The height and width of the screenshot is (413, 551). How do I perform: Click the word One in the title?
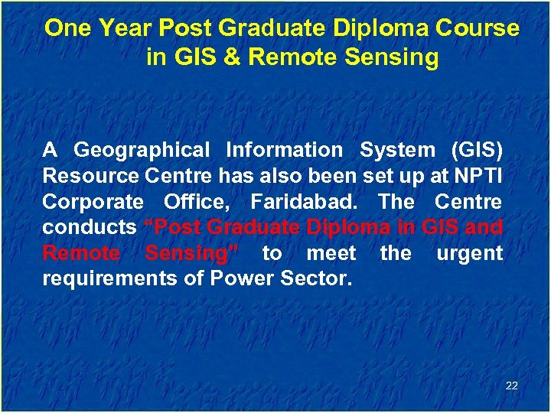tap(67, 28)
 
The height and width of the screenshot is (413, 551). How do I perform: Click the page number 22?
tap(512, 385)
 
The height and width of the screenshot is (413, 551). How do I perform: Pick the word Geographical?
tap(142, 151)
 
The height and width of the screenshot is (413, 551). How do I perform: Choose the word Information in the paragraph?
tap(285, 151)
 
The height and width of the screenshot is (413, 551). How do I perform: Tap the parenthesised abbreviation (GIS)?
tap(476, 151)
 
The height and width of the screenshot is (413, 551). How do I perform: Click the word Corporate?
tap(93, 202)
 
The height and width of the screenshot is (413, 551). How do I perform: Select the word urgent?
tap(469, 253)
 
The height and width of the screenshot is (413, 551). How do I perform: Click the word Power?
tap(245, 279)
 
